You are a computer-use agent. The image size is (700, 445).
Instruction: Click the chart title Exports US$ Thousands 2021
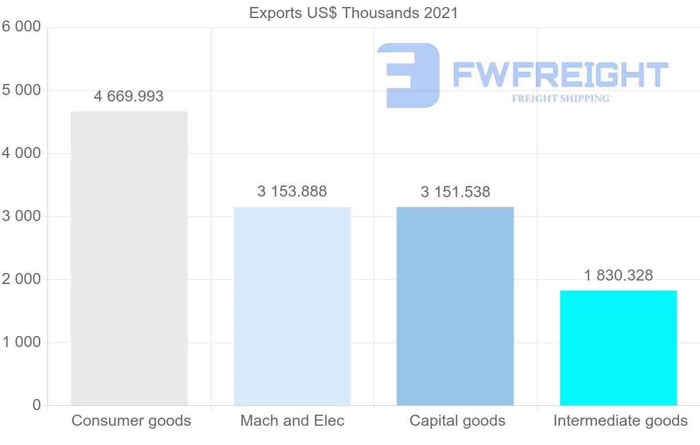point(353,13)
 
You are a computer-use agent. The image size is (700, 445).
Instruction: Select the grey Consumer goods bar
point(129,258)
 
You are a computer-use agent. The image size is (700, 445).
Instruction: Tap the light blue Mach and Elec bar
point(292,306)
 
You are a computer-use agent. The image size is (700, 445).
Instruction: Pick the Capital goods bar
point(455,306)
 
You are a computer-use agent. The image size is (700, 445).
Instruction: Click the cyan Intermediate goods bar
point(618,348)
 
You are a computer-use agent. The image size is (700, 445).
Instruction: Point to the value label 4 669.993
point(129,96)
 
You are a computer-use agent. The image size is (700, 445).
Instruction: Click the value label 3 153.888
point(292,191)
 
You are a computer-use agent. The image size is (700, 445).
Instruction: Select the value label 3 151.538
point(455,192)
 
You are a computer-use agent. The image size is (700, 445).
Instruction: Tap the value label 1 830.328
point(618,275)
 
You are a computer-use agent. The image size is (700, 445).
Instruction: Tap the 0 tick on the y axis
point(37,405)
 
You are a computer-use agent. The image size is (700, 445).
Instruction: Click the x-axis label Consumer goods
point(131,421)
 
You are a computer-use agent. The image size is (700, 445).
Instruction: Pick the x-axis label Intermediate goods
point(620,421)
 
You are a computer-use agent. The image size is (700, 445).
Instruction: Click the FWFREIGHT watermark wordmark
point(560,75)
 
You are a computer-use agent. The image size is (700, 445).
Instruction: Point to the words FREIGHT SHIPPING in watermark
point(561,99)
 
